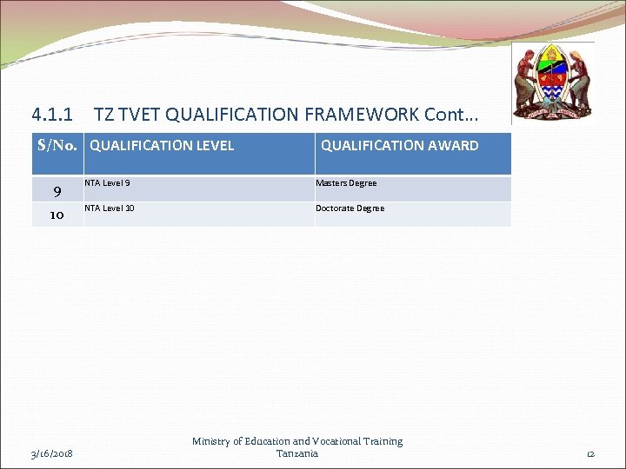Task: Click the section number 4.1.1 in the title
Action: [x=52, y=115]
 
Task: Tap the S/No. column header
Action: [x=58, y=145]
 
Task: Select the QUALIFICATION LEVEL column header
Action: [x=162, y=146]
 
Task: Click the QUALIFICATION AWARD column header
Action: [x=399, y=146]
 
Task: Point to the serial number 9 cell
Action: [x=57, y=190]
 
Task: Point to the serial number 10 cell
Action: [x=57, y=215]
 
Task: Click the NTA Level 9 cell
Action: [x=108, y=183]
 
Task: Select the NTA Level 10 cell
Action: [x=110, y=208]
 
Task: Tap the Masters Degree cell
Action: [x=346, y=183]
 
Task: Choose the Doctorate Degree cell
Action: [x=350, y=208]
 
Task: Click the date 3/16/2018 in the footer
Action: [x=53, y=453]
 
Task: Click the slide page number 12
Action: [x=589, y=453]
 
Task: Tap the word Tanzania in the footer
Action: [x=297, y=453]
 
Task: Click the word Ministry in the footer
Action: [x=212, y=441]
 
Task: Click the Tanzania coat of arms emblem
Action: [x=552, y=83]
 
